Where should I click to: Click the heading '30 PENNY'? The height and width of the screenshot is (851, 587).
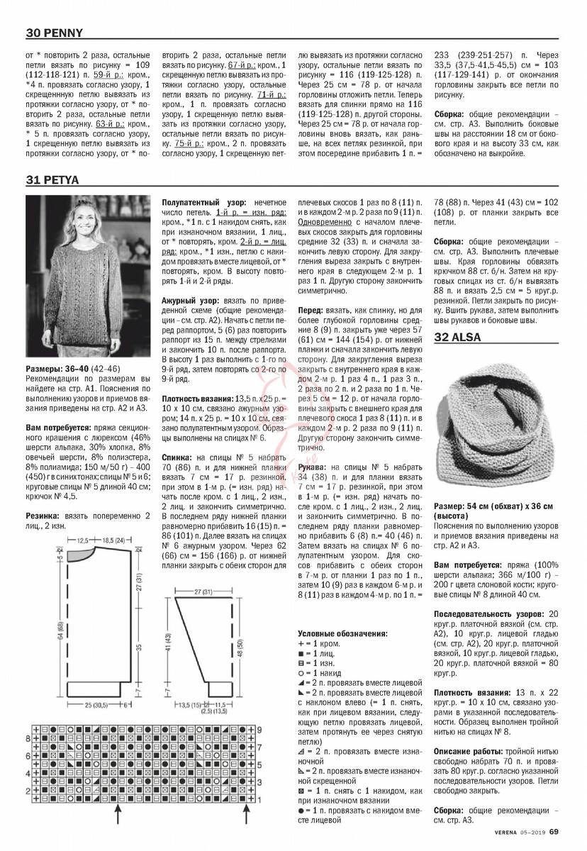pos(55,33)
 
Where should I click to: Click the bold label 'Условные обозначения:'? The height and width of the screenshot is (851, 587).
pos(342,633)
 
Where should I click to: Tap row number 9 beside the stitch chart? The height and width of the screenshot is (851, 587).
pos(260,729)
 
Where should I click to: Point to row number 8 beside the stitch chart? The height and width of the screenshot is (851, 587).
pos(27,738)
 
